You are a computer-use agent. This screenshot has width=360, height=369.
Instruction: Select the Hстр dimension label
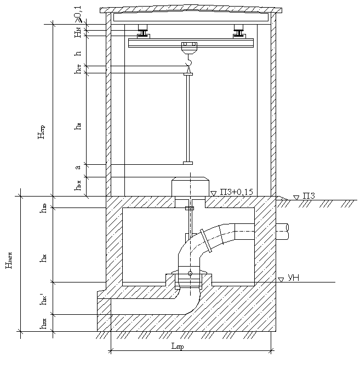tap(42, 133)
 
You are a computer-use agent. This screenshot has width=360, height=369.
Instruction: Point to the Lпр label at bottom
tap(177, 348)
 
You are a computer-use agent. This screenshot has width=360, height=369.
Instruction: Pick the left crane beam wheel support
tap(144, 32)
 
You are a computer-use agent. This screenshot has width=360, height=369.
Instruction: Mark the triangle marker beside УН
tap(281, 280)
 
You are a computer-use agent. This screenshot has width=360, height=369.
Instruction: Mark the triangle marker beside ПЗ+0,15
tap(213, 193)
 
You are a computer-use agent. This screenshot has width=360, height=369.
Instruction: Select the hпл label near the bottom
tap(43, 324)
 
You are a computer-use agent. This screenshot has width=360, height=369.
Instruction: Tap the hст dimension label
tap(78, 70)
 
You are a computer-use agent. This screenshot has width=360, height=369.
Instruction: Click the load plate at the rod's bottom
tap(188, 163)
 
